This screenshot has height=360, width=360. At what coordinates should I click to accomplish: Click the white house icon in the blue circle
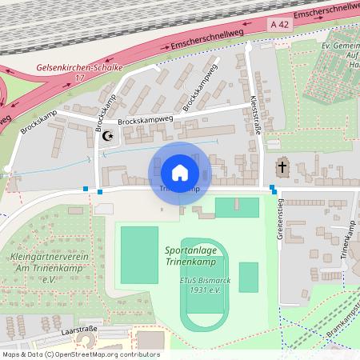pos(180,172)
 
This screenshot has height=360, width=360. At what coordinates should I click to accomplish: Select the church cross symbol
pos(282,168)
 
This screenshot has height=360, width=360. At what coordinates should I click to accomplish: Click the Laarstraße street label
pos(78,329)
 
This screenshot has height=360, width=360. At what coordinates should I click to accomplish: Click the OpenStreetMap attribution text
pos(81,354)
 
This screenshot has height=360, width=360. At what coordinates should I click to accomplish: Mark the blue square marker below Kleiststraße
pos(273,189)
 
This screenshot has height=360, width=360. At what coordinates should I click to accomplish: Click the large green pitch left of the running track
pos(139,254)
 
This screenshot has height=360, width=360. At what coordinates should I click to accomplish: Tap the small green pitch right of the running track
pos(249,277)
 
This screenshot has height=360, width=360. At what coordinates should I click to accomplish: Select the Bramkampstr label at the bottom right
pos(342,323)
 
